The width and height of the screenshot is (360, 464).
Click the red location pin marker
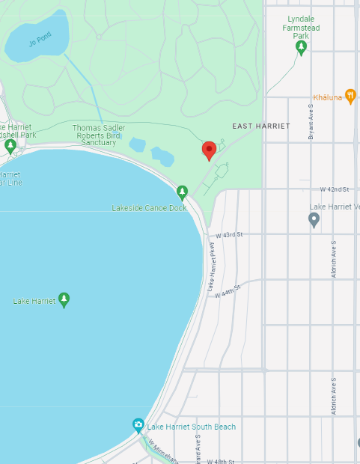click(x=210, y=150)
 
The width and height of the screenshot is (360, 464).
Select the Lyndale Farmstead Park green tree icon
click(x=301, y=48)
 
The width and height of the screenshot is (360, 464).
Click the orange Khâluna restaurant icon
click(x=350, y=97)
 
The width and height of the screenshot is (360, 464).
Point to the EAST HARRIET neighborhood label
click(x=260, y=126)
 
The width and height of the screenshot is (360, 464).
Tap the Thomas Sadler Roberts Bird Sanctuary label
click(x=98, y=135)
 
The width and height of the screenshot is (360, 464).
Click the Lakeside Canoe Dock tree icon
click(x=182, y=192)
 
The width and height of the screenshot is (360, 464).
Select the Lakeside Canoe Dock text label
click(x=149, y=207)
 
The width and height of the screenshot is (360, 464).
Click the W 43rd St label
click(x=230, y=235)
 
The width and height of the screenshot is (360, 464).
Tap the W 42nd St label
click(x=335, y=190)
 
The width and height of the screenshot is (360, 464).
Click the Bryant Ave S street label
click(x=311, y=122)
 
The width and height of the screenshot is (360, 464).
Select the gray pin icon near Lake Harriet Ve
click(x=314, y=219)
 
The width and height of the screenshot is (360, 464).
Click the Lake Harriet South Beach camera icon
click(x=138, y=425)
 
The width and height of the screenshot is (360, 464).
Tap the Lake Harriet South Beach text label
click(x=192, y=427)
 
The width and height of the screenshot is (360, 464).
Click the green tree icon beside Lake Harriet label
click(x=64, y=300)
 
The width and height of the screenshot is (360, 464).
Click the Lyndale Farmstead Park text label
click(x=300, y=27)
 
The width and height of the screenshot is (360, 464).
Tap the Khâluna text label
click(x=328, y=97)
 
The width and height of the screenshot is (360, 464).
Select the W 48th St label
click(x=220, y=461)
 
